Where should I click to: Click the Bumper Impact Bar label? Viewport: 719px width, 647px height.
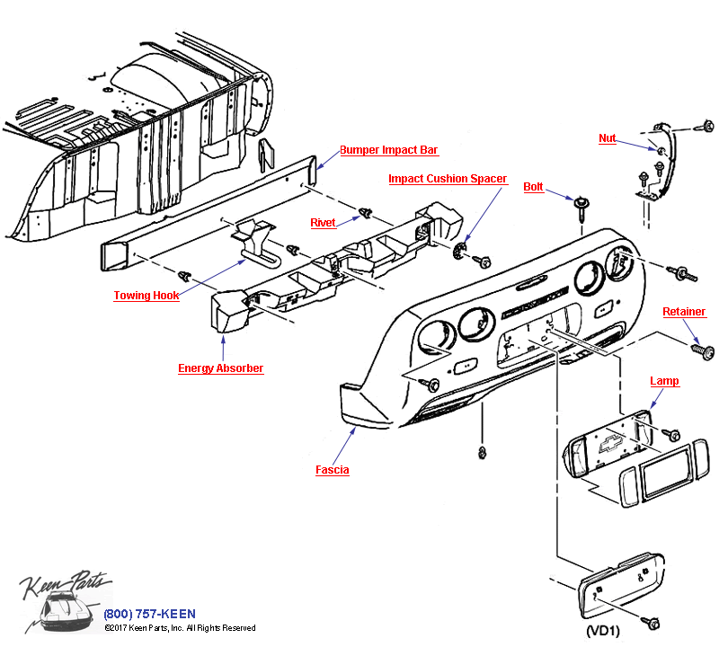388,150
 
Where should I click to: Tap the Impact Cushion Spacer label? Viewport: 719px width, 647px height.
448,179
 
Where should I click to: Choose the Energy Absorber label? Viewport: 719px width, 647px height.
220,368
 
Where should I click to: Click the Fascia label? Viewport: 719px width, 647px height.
332,470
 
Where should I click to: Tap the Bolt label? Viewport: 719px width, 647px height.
533,187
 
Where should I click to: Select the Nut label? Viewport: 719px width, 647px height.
608,138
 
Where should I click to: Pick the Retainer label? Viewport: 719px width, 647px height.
684,312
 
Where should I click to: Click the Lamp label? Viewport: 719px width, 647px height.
664,381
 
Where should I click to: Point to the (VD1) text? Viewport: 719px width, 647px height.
602,631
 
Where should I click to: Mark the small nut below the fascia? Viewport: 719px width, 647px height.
482,449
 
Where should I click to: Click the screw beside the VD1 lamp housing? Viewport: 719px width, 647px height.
652,622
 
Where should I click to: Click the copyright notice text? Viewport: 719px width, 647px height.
180,628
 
